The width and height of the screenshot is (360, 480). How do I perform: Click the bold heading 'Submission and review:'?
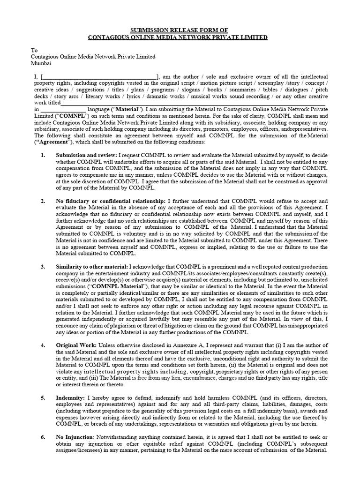(x=86, y=155)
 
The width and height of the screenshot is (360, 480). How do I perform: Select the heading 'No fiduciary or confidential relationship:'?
(x=110, y=201)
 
